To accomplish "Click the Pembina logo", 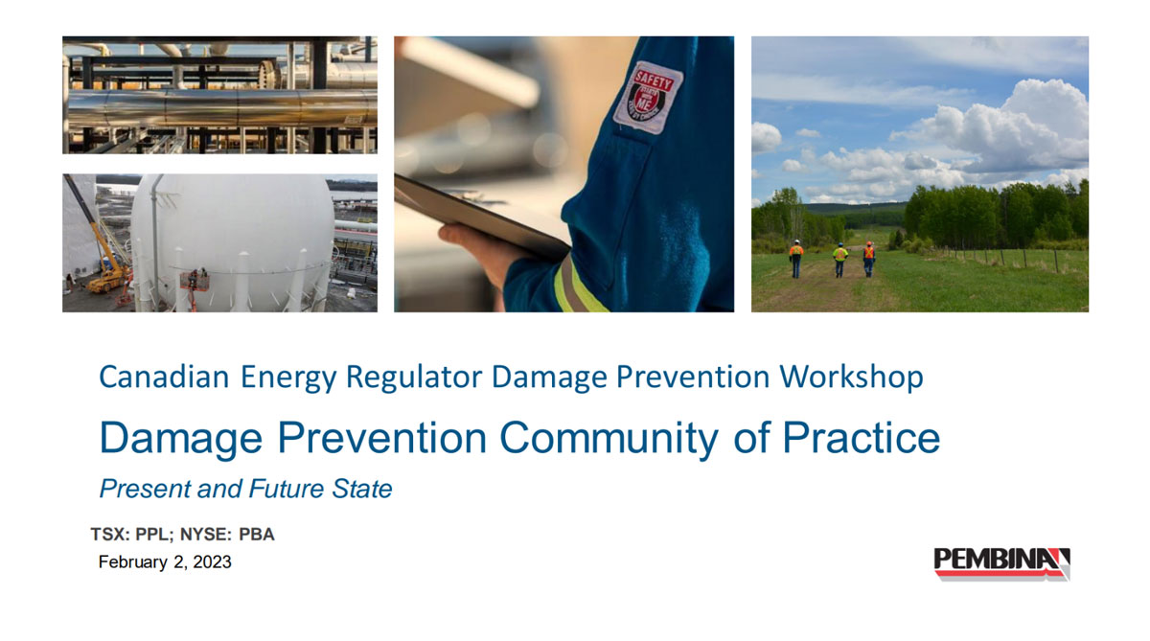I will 1001,562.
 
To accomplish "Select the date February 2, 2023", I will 165,562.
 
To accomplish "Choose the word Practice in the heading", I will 861,438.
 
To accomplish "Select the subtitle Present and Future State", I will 245,489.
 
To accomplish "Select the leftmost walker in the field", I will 796,258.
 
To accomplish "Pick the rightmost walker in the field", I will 869,258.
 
